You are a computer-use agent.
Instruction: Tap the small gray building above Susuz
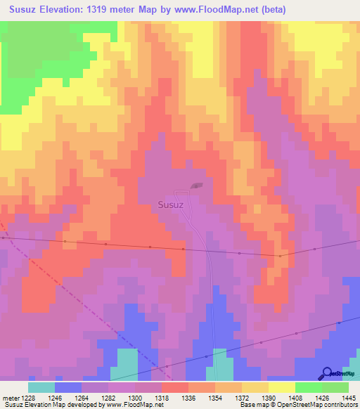pos(195,187)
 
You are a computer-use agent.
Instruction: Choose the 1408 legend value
pos(295,397)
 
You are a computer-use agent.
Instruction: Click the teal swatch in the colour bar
pos(41,387)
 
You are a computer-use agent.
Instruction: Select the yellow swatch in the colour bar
pos(282,387)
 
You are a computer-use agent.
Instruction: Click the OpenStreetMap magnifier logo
pos(326,373)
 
